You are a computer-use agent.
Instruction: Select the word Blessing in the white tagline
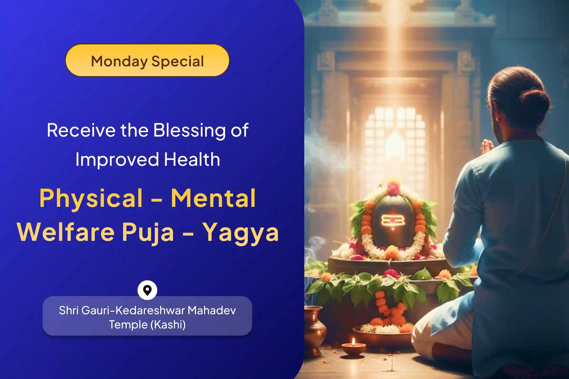(x=189, y=131)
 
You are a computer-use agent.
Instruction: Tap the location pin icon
(x=148, y=290)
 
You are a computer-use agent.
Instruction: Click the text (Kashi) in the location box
(x=168, y=325)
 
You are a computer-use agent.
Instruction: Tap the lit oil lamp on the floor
(x=354, y=347)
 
